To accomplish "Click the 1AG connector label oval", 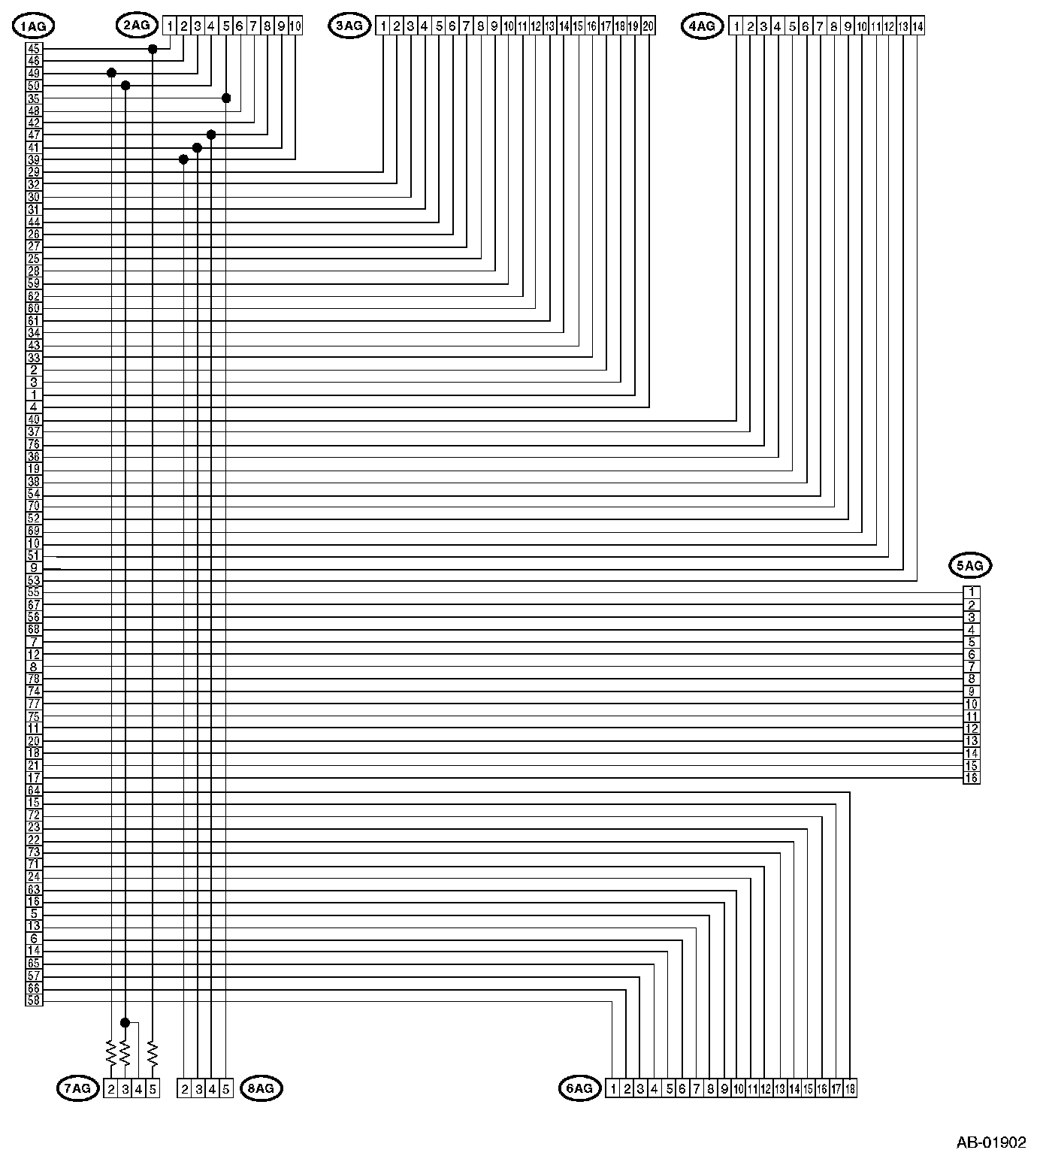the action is [x=34, y=26].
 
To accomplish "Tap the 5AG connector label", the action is [x=969, y=565].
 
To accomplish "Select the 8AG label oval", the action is [x=261, y=1088].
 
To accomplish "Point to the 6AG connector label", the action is [x=579, y=1088].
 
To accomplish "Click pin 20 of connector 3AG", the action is [x=648, y=26].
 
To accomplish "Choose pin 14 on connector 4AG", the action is [x=918, y=26].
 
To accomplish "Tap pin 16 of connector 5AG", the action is [x=972, y=778].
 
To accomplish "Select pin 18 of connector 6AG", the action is [x=850, y=1088].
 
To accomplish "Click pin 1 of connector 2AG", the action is [x=171, y=26].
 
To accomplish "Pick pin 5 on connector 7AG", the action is [x=153, y=1088].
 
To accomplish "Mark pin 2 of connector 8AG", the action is [x=184, y=1088].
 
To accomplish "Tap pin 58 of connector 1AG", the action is [x=34, y=1000].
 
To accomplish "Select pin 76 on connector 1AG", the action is [x=34, y=444].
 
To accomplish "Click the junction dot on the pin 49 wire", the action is [x=111, y=73].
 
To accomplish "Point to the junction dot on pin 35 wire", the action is [x=226, y=98].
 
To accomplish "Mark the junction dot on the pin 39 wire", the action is [x=183, y=159].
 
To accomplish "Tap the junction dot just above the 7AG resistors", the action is [x=125, y=1023].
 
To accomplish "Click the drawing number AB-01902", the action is [x=990, y=1142].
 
